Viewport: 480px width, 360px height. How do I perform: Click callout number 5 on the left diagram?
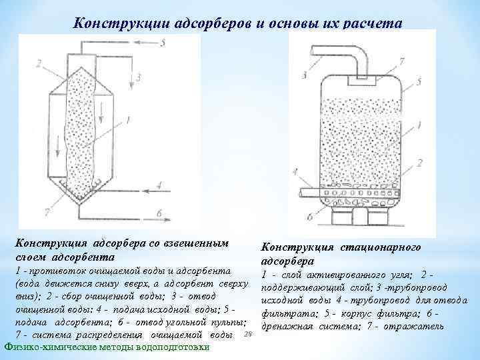pos(163,42)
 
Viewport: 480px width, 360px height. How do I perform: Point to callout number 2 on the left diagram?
pos(39,64)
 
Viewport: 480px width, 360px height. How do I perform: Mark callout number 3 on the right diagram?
pos(304,74)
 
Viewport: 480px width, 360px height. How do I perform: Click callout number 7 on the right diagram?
pos(400,62)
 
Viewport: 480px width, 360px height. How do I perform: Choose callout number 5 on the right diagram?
pos(419,83)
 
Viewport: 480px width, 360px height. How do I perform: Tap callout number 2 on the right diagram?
pos(419,162)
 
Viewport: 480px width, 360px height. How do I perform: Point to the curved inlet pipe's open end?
pos(313,49)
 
